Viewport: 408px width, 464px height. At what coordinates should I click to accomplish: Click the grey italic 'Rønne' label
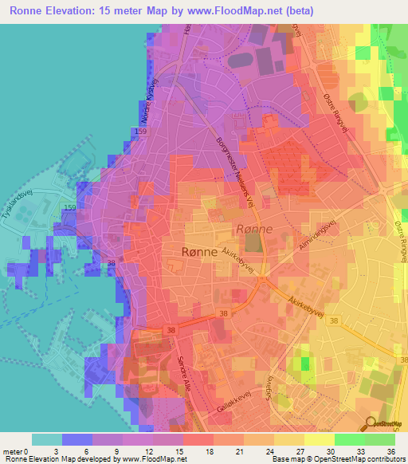point(255,229)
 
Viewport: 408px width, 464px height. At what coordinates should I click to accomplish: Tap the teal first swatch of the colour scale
point(46,438)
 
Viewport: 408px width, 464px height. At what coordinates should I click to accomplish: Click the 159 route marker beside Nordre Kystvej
point(141,131)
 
